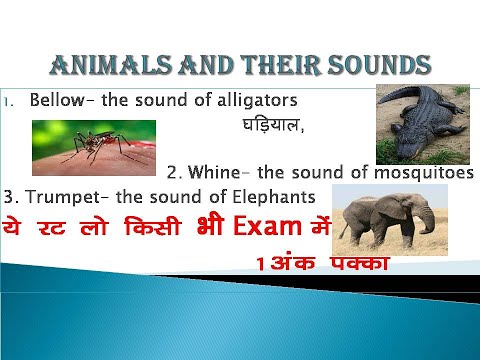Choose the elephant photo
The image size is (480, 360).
[384, 220]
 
